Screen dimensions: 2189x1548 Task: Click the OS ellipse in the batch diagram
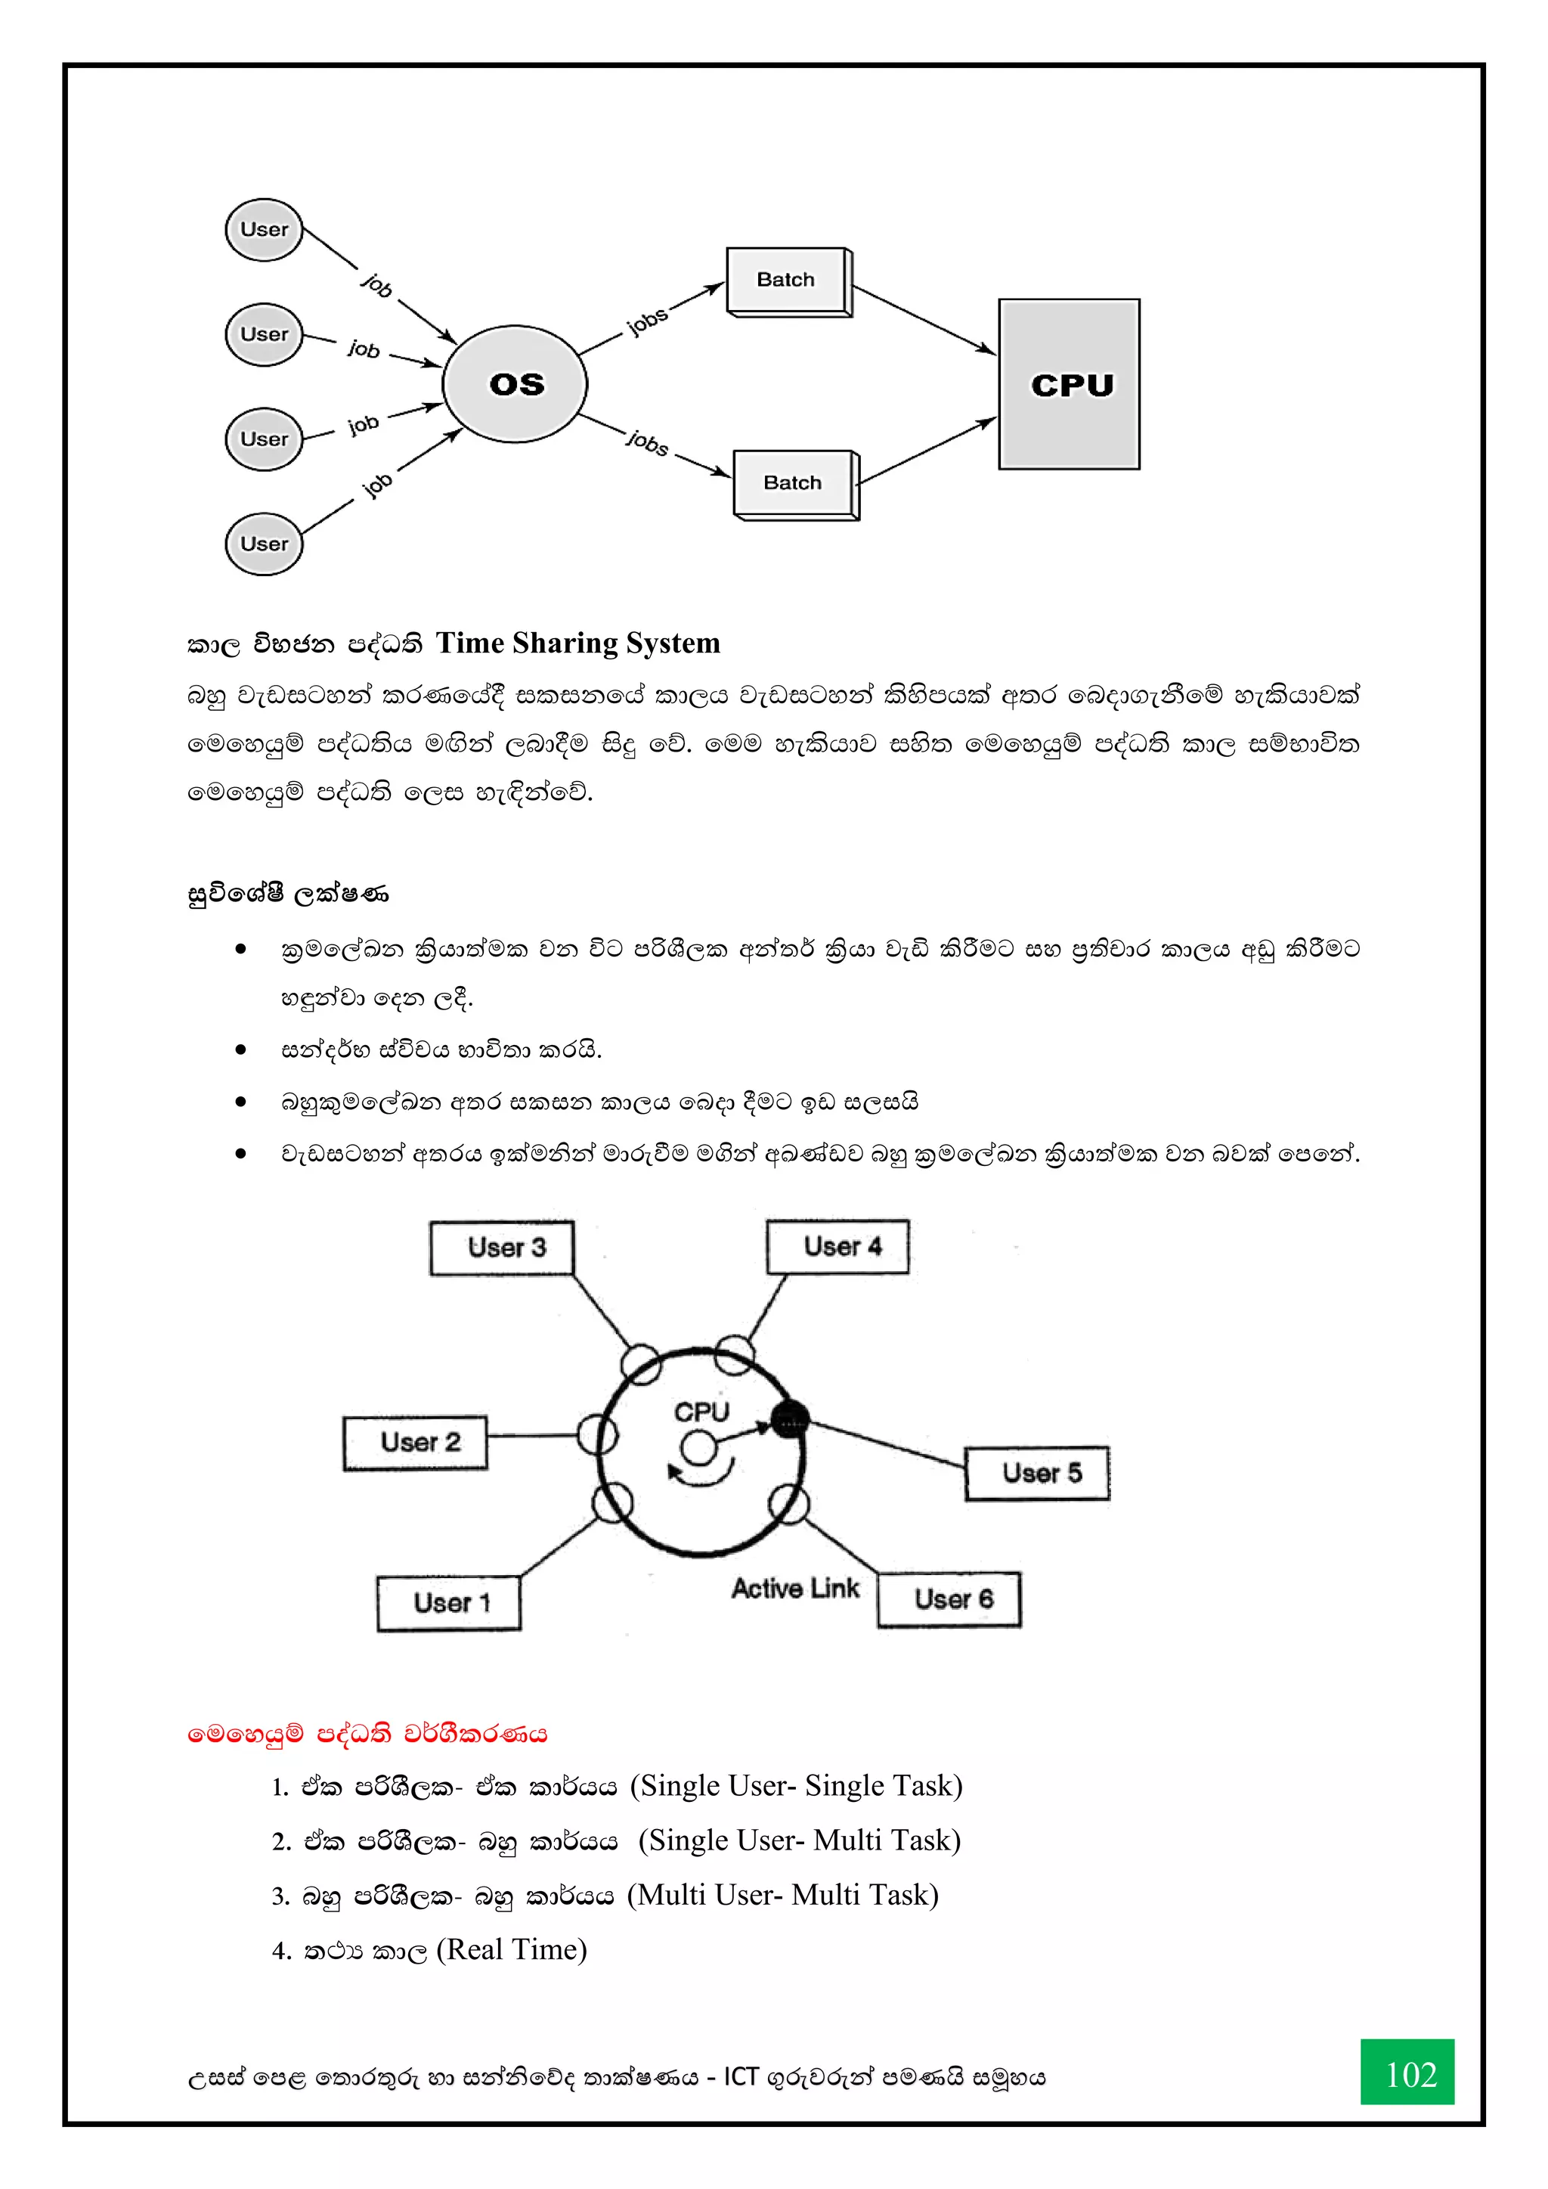(515, 383)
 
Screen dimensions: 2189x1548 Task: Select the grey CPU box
(1069, 384)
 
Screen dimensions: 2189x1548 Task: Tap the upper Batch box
(788, 281)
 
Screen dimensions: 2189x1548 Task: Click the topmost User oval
(264, 230)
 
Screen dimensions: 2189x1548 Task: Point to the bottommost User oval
(264, 544)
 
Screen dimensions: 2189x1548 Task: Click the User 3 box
(503, 1248)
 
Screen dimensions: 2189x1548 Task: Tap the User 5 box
(1037, 1473)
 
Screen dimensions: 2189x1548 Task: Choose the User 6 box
(949, 1599)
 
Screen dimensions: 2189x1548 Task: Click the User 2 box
(416, 1443)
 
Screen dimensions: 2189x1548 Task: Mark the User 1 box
(449, 1603)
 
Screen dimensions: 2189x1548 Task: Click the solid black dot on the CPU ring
(789, 1419)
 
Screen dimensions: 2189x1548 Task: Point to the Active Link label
(795, 1589)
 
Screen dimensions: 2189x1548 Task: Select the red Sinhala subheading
(368, 1733)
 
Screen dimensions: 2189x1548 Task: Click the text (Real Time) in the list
(512, 1950)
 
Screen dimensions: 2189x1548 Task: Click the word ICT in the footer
(741, 2077)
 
